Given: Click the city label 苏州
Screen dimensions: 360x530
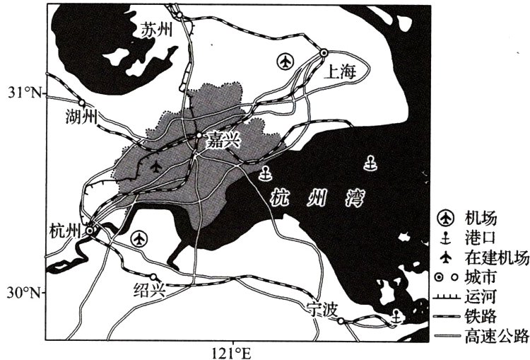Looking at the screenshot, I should (156, 30).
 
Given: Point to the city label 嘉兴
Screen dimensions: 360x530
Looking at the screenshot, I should (223, 141).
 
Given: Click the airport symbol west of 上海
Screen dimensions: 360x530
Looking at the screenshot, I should (285, 62).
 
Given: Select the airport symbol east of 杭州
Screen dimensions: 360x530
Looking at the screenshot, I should (140, 238).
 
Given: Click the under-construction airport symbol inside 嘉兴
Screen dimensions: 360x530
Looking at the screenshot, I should (156, 167).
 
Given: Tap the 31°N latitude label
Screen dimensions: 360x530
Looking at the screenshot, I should (26, 93).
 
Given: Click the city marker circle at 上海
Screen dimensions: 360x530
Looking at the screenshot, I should (324, 52).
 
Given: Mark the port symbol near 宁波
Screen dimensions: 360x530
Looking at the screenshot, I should (396, 318).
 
